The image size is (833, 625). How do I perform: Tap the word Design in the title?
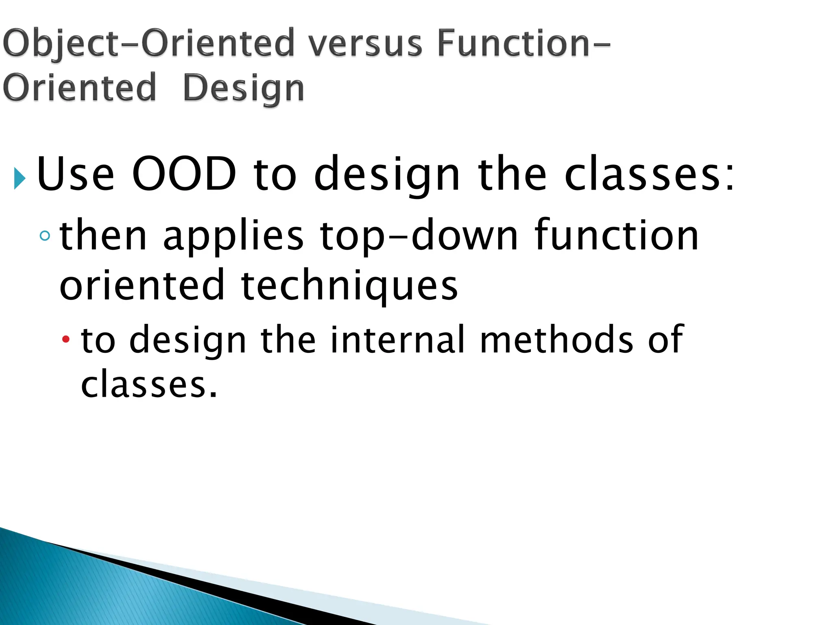pyautogui.click(x=243, y=88)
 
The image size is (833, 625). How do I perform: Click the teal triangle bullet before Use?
pyautogui.click(x=20, y=178)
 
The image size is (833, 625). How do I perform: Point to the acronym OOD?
pyautogui.click(x=184, y=174)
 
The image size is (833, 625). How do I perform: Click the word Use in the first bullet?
pyautogui.click(x=76, y=174)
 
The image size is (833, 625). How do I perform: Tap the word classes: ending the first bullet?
pyautogui.click(x=650, y=174)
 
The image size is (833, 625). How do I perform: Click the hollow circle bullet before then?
pyautogui.click(x=45, y=236)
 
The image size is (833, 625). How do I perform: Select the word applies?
pyautogui.click(x=233, y=237)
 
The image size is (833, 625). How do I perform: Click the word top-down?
pyautogui.click(x=419, y=237)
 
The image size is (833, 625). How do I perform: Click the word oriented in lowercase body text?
pyautogui.click(x=142, y=286)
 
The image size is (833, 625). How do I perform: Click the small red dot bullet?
pyautogui.click(x=66, y=339)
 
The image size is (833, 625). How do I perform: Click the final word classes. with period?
pyautogui.click(x=149, y=384)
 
